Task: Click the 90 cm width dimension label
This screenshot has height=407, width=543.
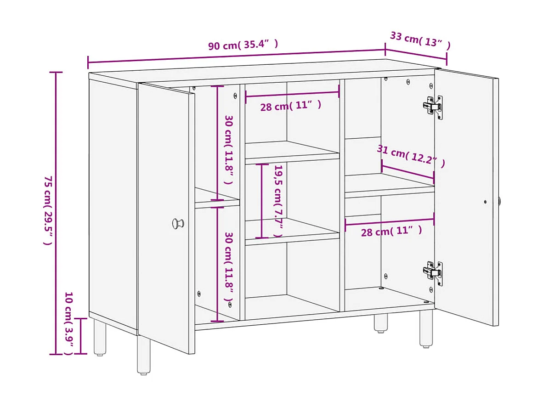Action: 243,45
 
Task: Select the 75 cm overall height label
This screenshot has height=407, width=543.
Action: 48,210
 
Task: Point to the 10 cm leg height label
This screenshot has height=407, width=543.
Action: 68,323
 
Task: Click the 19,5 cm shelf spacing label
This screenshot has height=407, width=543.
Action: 278,201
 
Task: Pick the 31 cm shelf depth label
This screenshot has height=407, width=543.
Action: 411,156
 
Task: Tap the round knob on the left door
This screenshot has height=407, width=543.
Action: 178,224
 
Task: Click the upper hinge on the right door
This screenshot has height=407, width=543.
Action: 433,107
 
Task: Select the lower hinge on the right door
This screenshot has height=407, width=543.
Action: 433,273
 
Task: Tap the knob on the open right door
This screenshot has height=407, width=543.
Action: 499,201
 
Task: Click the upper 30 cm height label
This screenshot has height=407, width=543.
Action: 228,149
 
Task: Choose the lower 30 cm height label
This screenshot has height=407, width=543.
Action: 228,267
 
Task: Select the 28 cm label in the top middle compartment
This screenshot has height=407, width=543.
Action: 290,107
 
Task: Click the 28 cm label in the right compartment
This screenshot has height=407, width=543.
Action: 391,231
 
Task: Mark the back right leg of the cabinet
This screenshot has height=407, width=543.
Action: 380,323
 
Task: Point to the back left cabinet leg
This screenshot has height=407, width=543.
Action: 100,338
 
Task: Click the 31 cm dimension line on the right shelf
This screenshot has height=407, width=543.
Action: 407,171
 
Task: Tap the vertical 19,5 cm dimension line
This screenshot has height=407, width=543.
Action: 262,201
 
